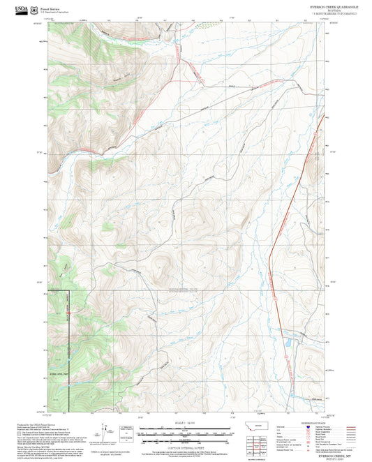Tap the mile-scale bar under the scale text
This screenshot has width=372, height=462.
[x=185, y=432]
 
